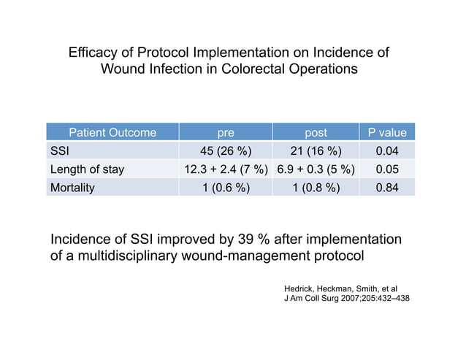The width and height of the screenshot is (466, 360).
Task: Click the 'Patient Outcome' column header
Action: pos(112,133)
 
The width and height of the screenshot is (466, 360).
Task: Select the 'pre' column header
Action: pos(226,133)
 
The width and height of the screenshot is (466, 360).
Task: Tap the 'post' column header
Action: pos(316,133)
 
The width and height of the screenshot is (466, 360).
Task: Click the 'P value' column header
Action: pos(387,133)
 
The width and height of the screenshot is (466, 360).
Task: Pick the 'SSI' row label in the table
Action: pos(59,151)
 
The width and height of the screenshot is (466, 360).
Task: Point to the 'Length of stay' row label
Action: pos(86,169)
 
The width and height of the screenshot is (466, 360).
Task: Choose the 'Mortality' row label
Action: pos(72,188)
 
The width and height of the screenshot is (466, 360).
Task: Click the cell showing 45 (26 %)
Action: pos(226,151)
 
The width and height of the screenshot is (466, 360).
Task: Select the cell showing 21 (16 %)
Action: pos(316,151)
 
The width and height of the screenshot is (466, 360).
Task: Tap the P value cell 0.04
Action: pos(387,151)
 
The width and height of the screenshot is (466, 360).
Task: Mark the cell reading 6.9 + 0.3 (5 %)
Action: pos(316,169)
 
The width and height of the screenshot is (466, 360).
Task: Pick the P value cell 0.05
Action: pos(387,169)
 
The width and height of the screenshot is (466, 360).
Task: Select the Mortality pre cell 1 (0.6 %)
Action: pos(226,188)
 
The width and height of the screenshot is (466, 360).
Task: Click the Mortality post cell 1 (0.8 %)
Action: pos(316,188)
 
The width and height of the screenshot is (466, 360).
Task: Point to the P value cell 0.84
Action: pos(387,188)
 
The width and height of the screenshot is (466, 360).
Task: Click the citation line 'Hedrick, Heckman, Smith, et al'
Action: pos(340,290)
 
